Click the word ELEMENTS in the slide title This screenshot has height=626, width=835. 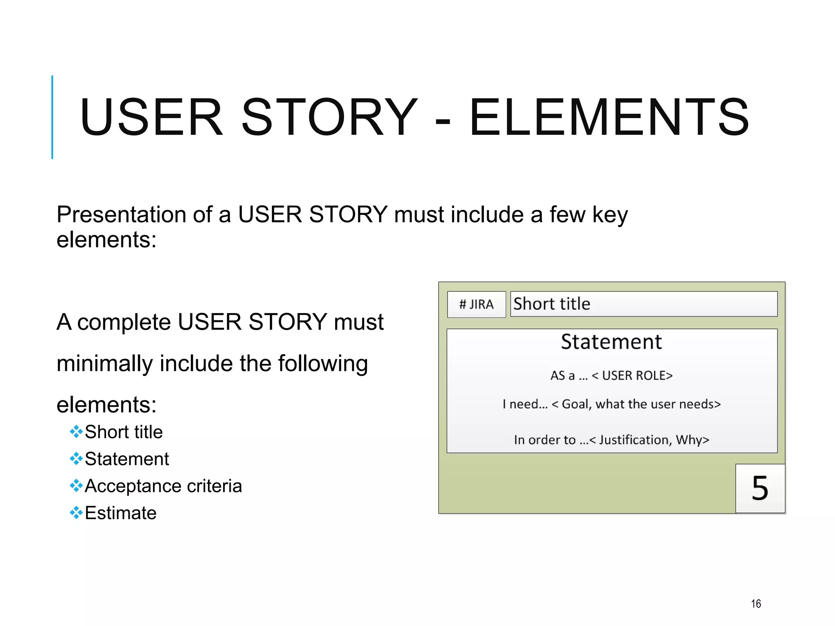(x=609, y=117)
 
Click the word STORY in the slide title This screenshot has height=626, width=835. (x=329, y=117)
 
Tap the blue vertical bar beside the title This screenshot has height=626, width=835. (x=52, y=117)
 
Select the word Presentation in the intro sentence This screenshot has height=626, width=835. (x=121, y=214)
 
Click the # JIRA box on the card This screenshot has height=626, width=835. (x=476, y=304)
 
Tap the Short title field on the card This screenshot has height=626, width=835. (x=643, y=304)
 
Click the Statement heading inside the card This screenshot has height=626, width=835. (x=611, y=342)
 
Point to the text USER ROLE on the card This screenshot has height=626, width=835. (x=637, y=375)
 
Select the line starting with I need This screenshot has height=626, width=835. (x=612, y=404)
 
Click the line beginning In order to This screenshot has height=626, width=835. (x=612, y=440)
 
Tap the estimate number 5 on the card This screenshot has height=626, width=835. (x=760, y=488)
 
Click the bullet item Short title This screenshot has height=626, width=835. (x=124, y=432)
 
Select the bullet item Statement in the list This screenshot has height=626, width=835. (x=127, y=459)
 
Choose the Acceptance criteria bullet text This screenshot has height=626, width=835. (x=163, y=486)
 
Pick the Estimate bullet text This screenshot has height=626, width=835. (x=121, y=513)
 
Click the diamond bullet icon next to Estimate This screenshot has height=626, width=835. (x=76, y=513)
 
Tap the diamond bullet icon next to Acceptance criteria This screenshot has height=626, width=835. (x=76, y=486)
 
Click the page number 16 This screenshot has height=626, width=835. (x=756, y=604)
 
